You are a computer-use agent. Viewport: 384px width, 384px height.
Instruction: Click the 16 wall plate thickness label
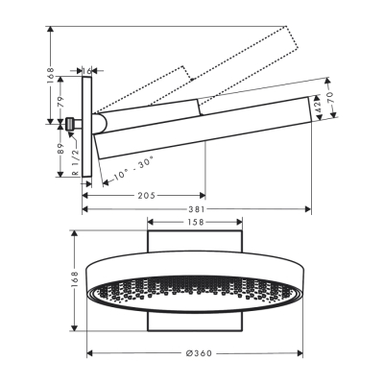pyautogui.click(x=88, y=70)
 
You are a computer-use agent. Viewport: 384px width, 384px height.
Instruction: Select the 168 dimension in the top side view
pyautogui.click(x=49, y=73)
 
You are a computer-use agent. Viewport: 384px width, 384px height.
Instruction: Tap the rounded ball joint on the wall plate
pyautogui.click(x=99, y=123)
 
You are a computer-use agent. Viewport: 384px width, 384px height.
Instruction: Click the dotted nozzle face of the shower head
pyautogui.click(x=197, y=292)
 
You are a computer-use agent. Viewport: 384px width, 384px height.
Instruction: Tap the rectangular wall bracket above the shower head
pyautogui.click(x=197, y=242)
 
